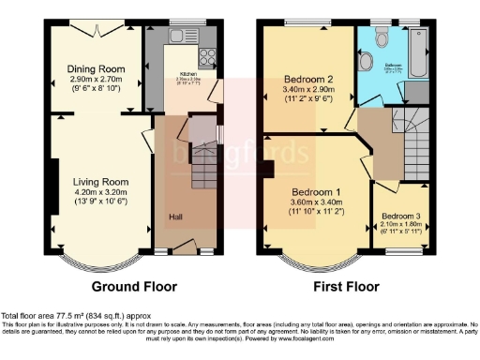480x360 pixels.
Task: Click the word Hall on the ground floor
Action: pos(175,217)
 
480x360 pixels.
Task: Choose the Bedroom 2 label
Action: pos(309,79)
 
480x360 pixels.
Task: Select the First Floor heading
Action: pos(346,286)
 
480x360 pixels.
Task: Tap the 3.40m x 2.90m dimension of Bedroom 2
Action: pos(309,90)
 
